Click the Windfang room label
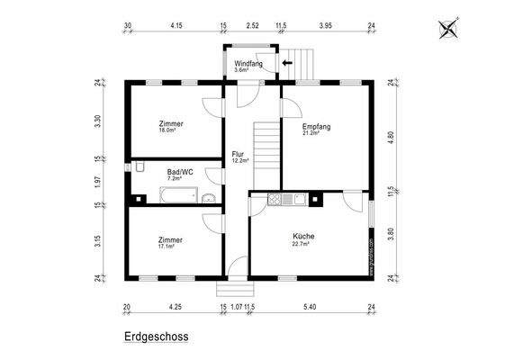tap(248, 64)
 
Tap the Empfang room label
tap(316, 127)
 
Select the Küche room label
tap(303, 236)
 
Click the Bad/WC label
tap(180, 171)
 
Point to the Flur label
tap(238, 154)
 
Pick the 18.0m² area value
tap(168, 132)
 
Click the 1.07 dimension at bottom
tap(236, 307)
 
